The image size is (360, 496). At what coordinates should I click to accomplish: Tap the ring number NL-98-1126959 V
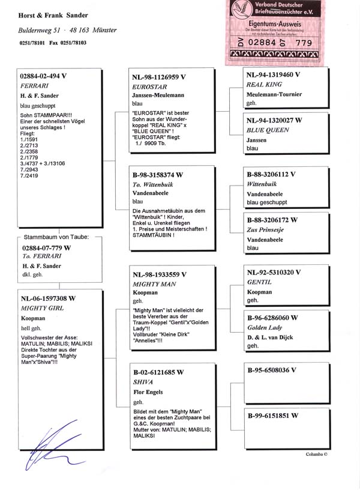159,77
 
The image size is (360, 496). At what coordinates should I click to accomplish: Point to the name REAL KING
264,85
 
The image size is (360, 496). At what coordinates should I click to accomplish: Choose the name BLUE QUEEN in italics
268,130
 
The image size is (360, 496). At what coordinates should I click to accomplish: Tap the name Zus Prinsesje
267,229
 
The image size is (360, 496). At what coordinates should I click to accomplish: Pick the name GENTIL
259,282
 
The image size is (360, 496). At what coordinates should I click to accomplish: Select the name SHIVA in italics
143,381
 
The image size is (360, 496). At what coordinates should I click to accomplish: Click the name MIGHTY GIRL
43,307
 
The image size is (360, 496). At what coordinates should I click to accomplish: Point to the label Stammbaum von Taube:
56,237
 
